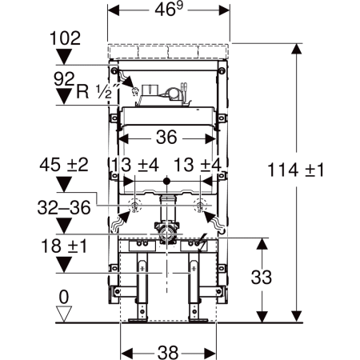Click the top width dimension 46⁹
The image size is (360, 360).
tap(169, 10)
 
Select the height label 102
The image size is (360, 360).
tap(65, 38)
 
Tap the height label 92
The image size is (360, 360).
tap(64, 79)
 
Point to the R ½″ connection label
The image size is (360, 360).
tap(98, 91)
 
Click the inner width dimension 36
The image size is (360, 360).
tap(166, 138)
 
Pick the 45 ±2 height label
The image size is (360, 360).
tap(64, 165)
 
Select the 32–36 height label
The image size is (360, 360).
tap(64, 208)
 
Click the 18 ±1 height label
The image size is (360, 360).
tap(64, 246)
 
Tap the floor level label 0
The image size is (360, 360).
tap(64, 297)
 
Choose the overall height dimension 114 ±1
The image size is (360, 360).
tap(295, 170)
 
